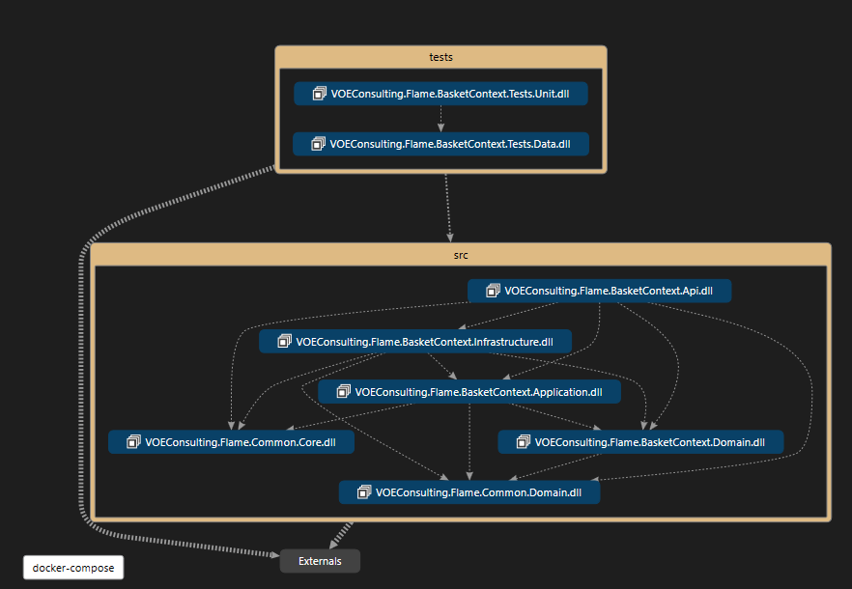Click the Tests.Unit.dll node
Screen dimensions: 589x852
point(440,94)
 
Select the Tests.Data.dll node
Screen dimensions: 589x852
point(440,144)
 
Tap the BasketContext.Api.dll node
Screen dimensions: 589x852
point(599,291)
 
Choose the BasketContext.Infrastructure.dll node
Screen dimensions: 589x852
point(414,341)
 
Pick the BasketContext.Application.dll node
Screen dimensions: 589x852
point(469,392)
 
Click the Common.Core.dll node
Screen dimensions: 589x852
point(231,442)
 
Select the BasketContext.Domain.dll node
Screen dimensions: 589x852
point(639,442)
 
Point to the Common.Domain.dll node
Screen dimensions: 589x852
point(469,492)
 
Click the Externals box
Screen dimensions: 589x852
point(320,561)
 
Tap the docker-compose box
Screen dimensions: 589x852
point(73,568)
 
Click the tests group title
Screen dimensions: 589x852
point(440,57)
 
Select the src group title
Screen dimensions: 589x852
point(461,255)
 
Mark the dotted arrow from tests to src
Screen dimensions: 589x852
point(447,208)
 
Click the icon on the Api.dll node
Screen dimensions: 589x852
point(493,291)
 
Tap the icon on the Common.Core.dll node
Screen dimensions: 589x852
point(133,442)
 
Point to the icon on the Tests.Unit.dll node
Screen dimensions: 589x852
point(319,94)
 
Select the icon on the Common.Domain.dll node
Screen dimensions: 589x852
point(364,492)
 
